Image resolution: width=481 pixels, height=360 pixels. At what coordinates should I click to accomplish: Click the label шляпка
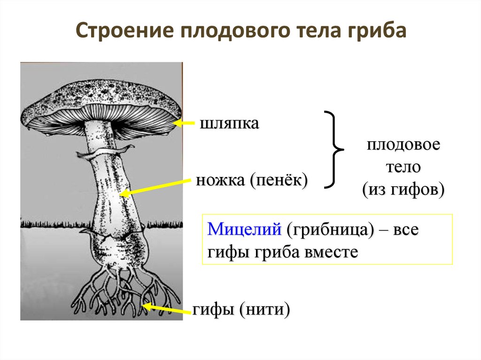pos(229,124)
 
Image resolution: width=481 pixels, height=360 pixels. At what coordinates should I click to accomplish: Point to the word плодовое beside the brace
pos(403,144)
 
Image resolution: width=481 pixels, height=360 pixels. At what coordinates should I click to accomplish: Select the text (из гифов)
pos(403,190)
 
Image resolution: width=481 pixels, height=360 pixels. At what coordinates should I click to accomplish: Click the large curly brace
pos(334,149)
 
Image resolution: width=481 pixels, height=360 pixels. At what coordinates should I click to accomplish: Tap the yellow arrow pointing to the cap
pos(185,123)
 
